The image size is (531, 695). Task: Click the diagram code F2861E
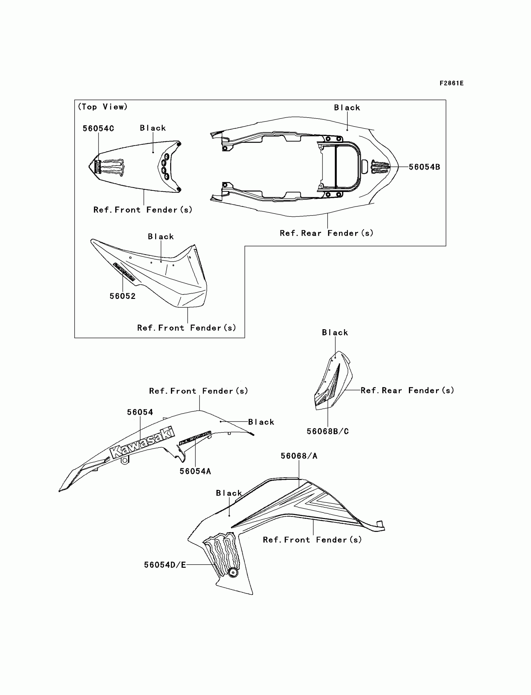(451, 83)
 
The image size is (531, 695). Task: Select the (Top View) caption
(102, 107)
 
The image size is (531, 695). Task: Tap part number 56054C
(98, 128)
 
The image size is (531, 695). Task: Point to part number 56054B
(424, 167)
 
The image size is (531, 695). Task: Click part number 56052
(123, 296)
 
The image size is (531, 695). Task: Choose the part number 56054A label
(195, 471)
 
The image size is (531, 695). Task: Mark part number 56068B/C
(328, 431)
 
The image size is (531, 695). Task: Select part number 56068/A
(299, 456)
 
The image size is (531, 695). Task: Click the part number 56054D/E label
(165, 565)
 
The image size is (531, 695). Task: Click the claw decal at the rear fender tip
(380, 167)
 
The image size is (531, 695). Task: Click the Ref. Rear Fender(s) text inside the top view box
(326, 233)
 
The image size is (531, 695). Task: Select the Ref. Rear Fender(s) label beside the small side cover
(407, 390)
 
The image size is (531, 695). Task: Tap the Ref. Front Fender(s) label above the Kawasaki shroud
(198, 391)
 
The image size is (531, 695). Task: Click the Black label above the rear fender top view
(347, 108)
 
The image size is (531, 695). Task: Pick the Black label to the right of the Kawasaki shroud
(261, 422)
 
